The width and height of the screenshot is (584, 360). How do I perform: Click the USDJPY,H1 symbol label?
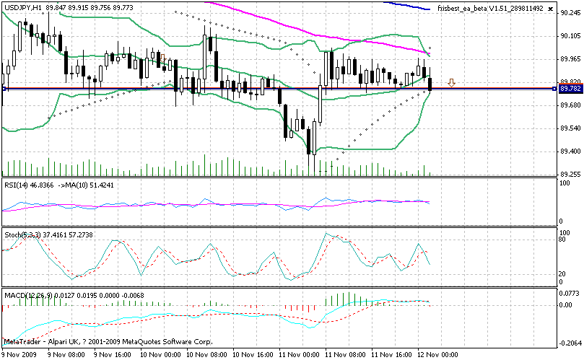click(23, 7)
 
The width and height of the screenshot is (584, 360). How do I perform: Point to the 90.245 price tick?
click(570, 12)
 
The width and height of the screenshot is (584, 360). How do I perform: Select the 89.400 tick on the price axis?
click(570, 152)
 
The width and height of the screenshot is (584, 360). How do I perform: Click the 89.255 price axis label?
click(570, 174)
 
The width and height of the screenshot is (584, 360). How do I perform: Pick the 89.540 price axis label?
click(570, 128)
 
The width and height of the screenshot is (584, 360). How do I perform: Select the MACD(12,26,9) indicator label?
click(28, 295)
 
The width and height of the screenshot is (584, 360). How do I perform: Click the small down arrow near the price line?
click(451, 83)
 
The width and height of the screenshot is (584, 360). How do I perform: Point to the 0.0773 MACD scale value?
click(570, 294)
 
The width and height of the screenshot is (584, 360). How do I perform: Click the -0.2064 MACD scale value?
click(570, 343)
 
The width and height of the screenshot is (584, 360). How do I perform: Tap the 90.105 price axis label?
click(570, 35)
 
